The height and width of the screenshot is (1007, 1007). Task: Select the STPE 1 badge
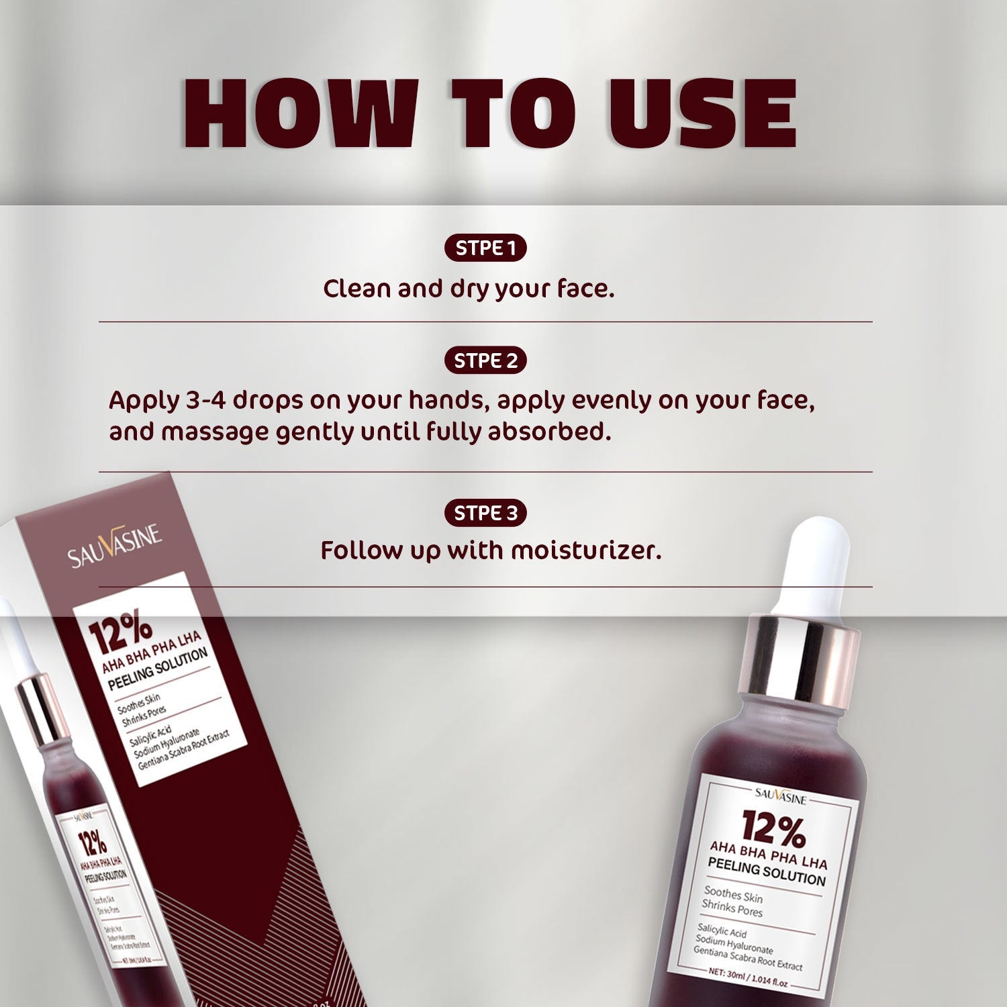pos(485,248)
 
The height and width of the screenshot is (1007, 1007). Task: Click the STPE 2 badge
pos(485,361)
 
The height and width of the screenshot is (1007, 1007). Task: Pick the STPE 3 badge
pos(485,514)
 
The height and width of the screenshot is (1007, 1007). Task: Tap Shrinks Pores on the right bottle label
pos(732,908)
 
